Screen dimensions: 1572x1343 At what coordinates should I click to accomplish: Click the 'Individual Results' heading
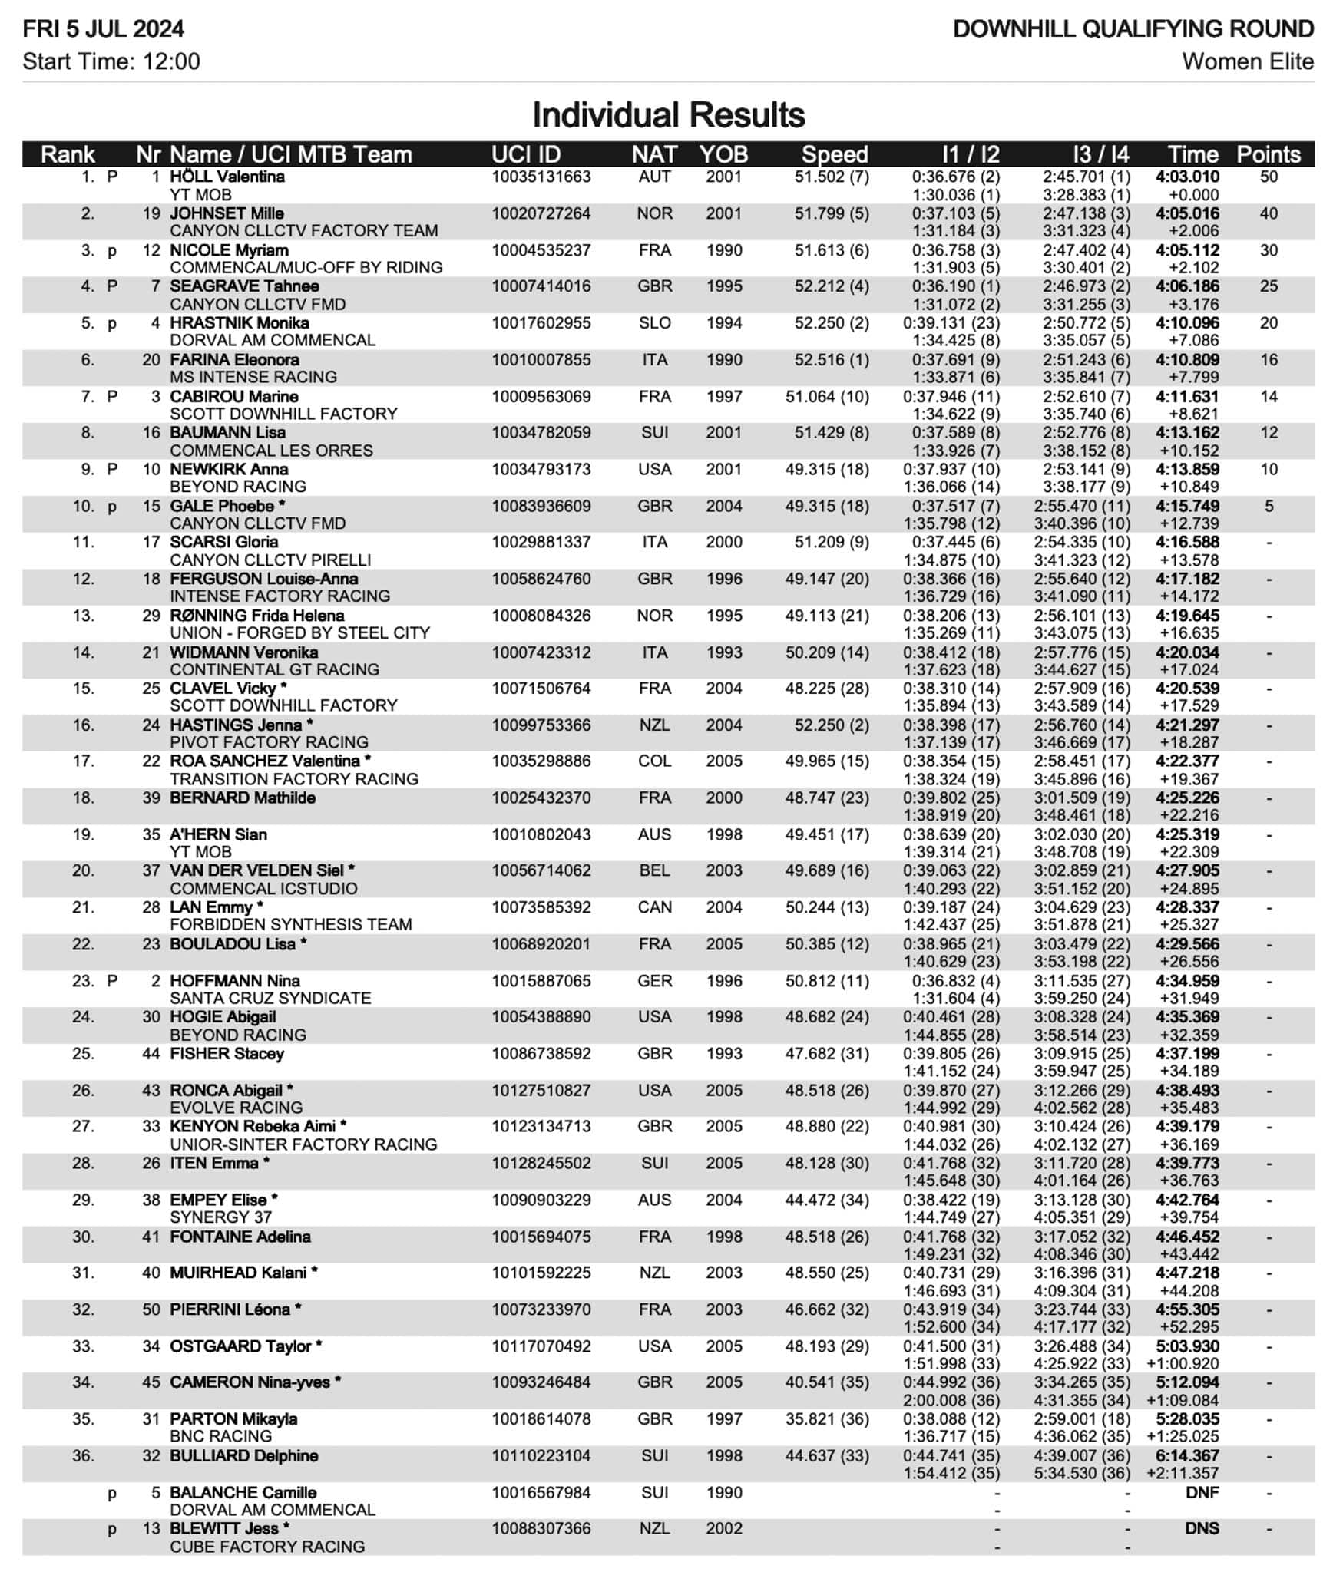[x=668, y=115]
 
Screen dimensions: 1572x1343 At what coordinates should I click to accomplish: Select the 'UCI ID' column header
[x=526, y=154]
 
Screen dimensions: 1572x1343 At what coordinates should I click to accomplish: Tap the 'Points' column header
[x=1268, y=154]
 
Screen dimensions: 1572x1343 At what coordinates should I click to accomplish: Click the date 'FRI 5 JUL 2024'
[x=104, y=29]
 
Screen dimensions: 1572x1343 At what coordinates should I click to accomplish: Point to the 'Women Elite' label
[x=1247, y=61]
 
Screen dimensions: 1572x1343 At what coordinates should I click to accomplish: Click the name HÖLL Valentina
[x=227, y=177]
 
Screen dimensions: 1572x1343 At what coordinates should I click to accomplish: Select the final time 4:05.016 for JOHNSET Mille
[x=1187, y=213]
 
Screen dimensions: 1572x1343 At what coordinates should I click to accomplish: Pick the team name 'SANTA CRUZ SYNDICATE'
[x=270, y=998]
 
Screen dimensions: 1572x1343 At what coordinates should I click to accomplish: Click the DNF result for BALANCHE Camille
[x=1202, y=1492]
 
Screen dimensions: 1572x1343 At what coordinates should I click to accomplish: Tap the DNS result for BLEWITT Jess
[x=1202, y=1528]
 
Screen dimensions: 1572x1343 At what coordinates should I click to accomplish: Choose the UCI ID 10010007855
[x=541, y=359]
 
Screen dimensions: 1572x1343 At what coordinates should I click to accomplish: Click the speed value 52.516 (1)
[x=832, y=359]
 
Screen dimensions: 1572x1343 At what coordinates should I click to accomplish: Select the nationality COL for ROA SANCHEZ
[x=654, y=761]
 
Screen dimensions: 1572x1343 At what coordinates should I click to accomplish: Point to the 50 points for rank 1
[x=1269, y=177]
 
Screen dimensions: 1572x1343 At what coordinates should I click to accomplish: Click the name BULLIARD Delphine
[x=243, y=1455]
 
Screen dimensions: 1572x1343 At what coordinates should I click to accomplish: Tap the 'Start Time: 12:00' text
[x=111, y=61]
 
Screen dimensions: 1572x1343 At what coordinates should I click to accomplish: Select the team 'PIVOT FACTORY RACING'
[x=269, y=742]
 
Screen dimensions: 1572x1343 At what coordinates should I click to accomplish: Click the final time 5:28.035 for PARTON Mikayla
[x=1187, y=1418]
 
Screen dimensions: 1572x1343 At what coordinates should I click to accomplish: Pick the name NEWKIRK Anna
[x=229, y=469]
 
